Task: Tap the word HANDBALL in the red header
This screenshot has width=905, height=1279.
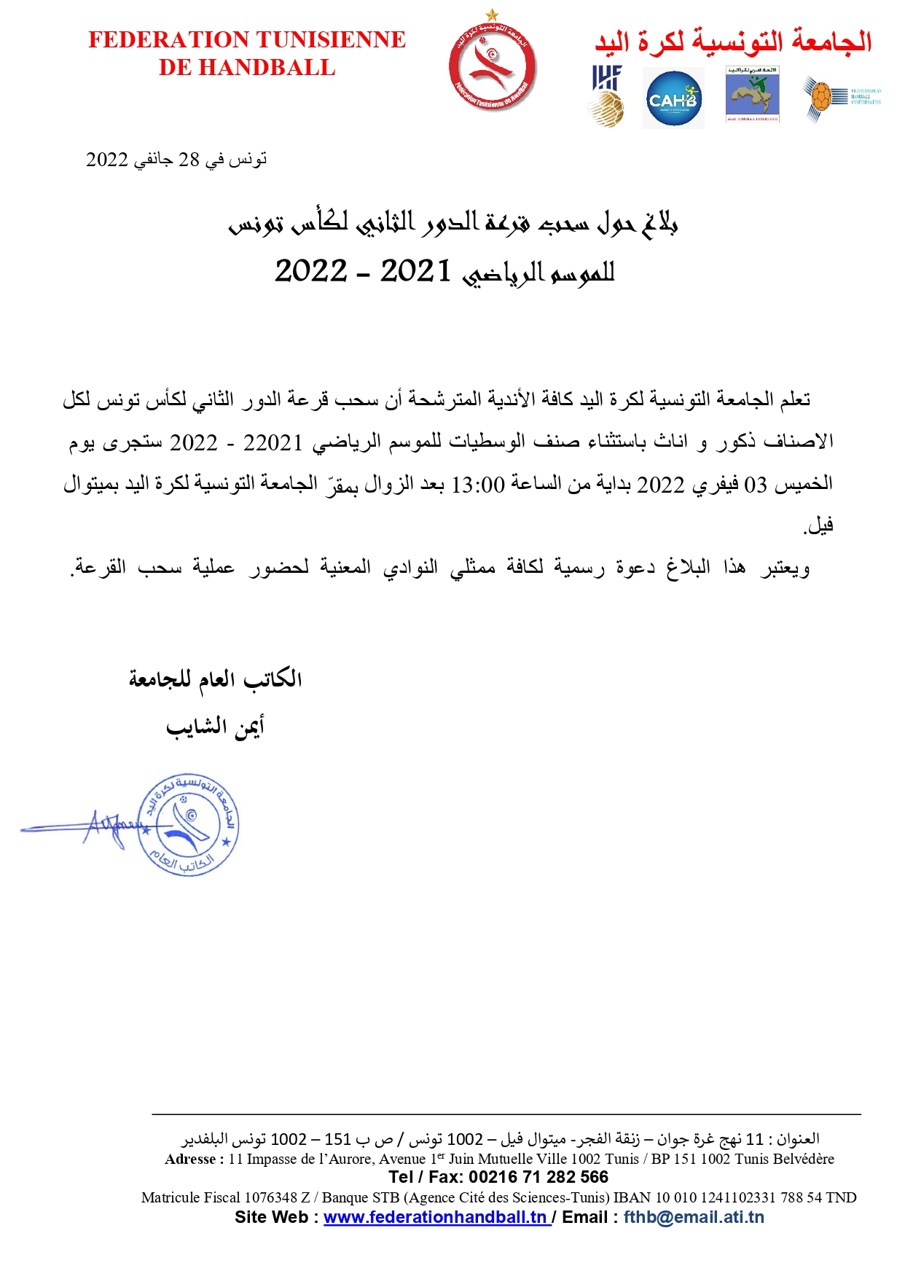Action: pos(267,68)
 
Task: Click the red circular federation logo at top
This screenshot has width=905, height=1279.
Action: pos(493,68)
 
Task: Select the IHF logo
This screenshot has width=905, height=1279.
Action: pos(606,95)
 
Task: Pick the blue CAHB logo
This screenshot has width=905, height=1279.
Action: pos(673,98)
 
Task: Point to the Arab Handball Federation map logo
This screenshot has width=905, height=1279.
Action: pos(752,95)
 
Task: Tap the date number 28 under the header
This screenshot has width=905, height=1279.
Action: pos(189,160)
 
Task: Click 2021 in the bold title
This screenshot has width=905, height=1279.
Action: pos(415,271)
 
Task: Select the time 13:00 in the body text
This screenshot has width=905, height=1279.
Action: pos(478,485)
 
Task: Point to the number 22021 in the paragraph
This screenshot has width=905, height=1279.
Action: pos(273,443)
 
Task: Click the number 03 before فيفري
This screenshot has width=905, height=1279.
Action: pos(755,485)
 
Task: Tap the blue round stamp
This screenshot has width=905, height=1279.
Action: pos(188,824)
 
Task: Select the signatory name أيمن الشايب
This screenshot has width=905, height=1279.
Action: pos(215,727)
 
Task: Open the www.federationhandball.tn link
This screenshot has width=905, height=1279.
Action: pos(435,1217)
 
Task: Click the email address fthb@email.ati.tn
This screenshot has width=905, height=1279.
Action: pos(694,1217)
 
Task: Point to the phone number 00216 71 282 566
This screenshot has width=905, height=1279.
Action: pos(538,1177)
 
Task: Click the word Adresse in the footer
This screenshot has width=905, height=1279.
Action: pos(190,1159)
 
